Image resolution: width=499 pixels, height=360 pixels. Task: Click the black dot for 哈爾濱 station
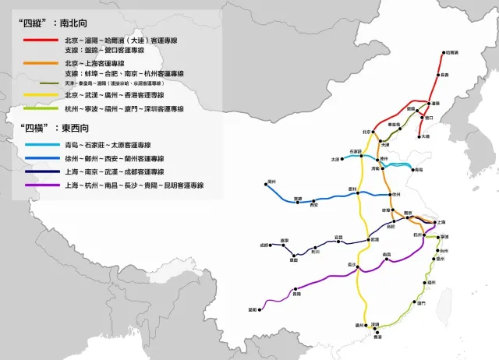444,52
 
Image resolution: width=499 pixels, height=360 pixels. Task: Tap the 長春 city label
444,75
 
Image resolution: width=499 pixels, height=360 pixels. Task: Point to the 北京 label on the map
367,132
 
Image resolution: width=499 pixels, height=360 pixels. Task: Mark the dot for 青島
409,168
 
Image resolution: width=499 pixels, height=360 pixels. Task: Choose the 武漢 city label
375,239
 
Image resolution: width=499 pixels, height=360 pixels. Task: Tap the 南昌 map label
387,255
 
